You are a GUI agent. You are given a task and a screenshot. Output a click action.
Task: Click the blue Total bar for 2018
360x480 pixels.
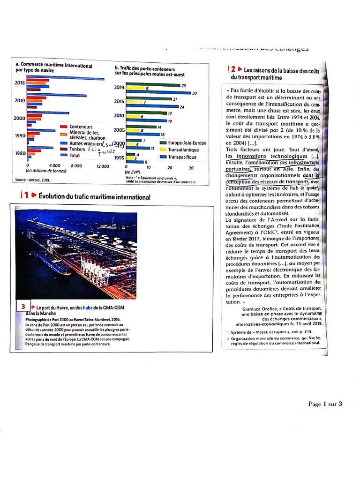click(66, 78)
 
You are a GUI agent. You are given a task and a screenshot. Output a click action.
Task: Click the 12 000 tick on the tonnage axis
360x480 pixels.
click(103, 166)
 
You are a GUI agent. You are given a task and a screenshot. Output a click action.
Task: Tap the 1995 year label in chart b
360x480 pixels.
click(119, 157)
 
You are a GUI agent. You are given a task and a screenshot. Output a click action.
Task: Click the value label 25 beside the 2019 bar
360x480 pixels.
click(183, 85)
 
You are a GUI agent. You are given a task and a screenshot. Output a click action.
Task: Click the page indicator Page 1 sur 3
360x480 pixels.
click(325, 404)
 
